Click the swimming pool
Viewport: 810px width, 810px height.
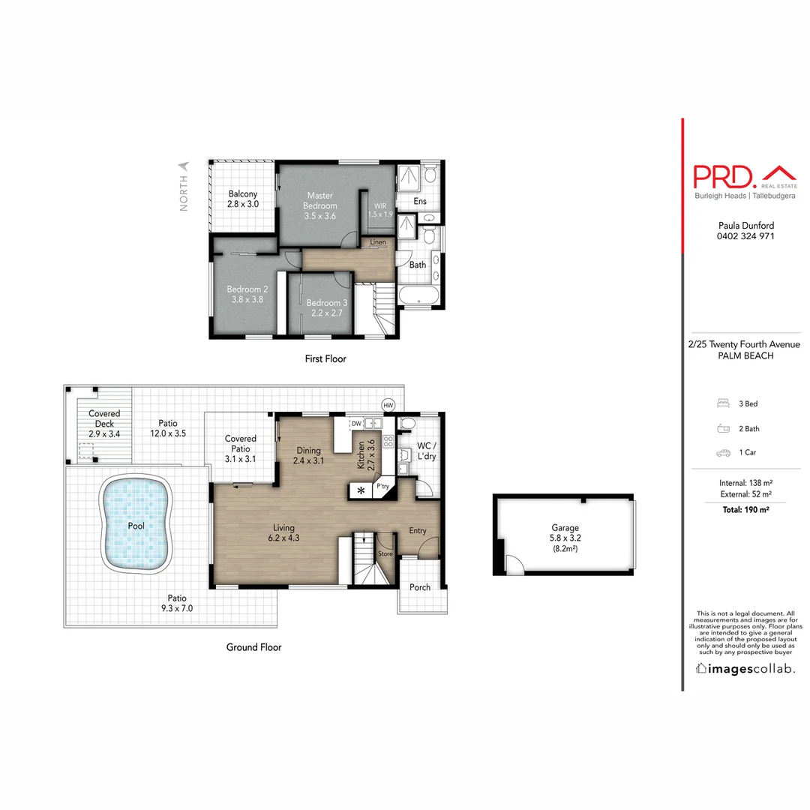tap(136, 526)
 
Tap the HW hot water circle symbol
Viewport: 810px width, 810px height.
tap(388, 405)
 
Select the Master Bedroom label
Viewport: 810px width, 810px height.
tap(320, 200)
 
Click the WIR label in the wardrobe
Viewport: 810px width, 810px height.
tap(380, 204)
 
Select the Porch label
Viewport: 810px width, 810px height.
tap(420, 586)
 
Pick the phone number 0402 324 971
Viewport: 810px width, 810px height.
tap(745, 236)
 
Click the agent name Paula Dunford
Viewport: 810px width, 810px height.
tap(745, 225)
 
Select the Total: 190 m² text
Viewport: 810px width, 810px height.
tap(745, 509)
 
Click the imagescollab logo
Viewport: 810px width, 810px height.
tap(745, 668)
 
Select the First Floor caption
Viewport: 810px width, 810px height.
tap(325, 359)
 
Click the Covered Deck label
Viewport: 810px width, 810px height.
tap(104, 418)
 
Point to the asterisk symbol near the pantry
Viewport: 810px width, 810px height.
tap(361, 490)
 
